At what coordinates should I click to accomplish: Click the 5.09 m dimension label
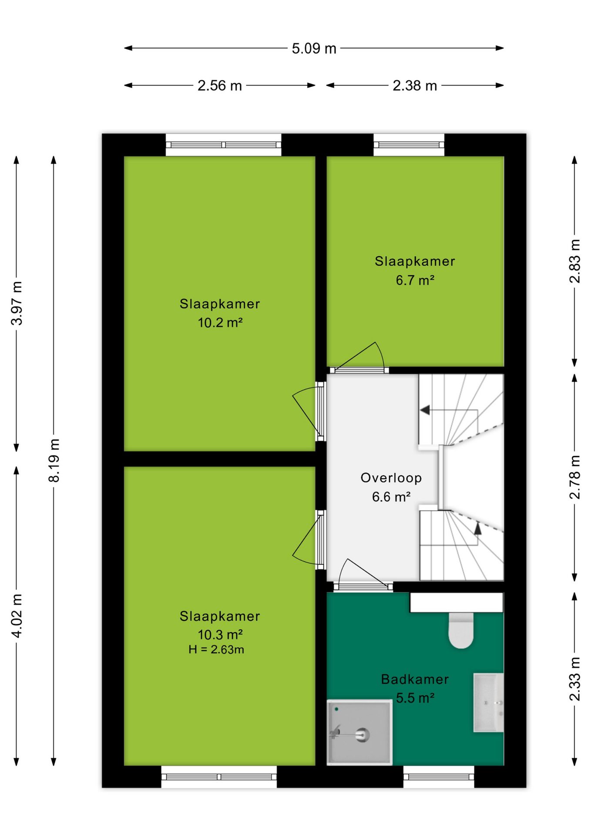(314, 48)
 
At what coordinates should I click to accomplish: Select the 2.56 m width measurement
(220, 86)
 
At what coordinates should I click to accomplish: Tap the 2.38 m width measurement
(415, 86)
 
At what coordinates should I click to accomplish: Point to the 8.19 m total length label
(54, 460)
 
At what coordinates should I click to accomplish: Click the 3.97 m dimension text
(17, 303)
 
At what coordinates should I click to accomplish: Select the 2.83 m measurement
(574, 261)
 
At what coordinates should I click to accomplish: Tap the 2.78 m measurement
(574, 477)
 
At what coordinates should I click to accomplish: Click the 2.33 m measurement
(574, 679)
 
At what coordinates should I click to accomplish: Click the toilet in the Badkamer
(461, 630)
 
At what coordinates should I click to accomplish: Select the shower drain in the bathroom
(362, 735)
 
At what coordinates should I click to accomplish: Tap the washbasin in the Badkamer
(488, 702)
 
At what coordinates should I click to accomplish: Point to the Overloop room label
(391, 478)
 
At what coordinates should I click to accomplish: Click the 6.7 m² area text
(415, 280)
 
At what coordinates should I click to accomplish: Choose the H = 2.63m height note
(216, 649)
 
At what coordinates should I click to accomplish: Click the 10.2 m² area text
(220, 323)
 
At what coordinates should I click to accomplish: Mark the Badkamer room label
(415, 679)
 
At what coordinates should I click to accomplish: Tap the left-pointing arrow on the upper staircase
(425, 410)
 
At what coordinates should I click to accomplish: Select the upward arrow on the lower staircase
(477, 528)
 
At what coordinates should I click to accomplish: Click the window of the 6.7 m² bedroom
(409, 145)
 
